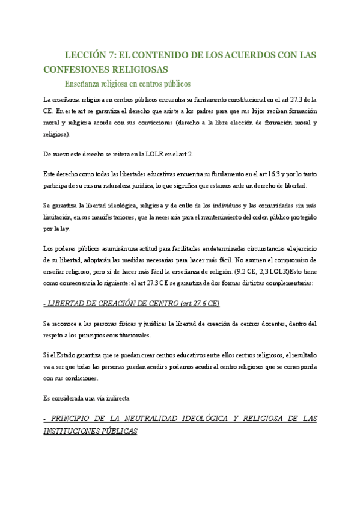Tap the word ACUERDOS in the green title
coord(244,55)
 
